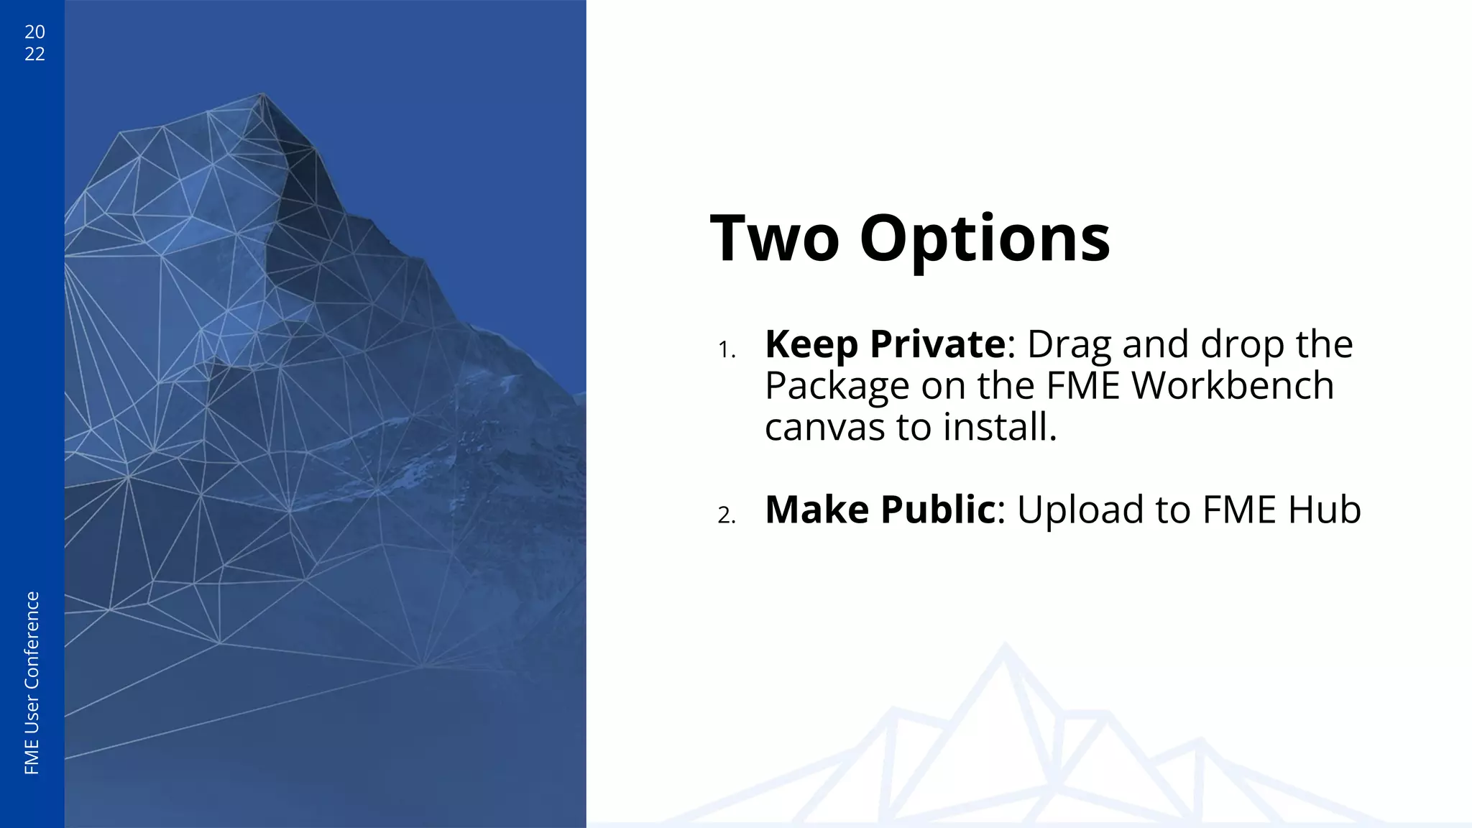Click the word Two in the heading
774,239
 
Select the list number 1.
726,350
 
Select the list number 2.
726,515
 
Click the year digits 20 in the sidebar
34,32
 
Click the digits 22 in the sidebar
34,54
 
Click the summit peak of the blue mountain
262,94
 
